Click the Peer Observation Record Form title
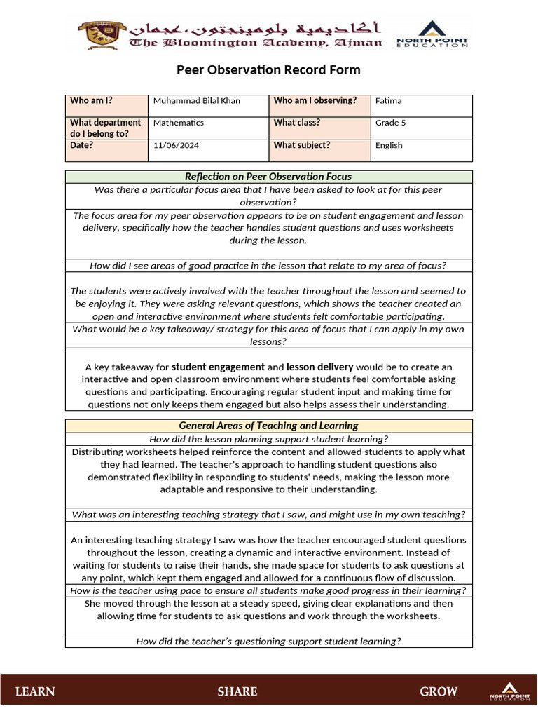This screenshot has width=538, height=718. pos(268,69)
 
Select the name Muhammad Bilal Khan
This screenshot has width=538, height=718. pos(196,101)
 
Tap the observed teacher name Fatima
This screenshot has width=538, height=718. pos(388,101)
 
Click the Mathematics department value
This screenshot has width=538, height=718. pos(178,123)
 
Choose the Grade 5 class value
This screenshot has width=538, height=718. pos(390,123)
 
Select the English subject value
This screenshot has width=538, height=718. pos(389,146)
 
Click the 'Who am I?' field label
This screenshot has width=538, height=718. pos(91,101)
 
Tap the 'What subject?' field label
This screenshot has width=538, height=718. pos(301,145)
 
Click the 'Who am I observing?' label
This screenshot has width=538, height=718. pos(315,101)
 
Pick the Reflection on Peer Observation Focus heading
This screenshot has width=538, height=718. pos(268,177)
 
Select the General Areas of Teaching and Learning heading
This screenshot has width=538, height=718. pos(268,426)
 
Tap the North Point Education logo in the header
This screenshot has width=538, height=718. pos(432,34)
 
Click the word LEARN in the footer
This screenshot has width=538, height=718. pos(35,692)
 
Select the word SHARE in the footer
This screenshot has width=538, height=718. pos(237,692)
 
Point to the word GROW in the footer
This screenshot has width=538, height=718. pos(439,692)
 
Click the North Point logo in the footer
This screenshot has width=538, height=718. pos(510,691)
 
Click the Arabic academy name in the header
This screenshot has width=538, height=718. pos(256,28)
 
